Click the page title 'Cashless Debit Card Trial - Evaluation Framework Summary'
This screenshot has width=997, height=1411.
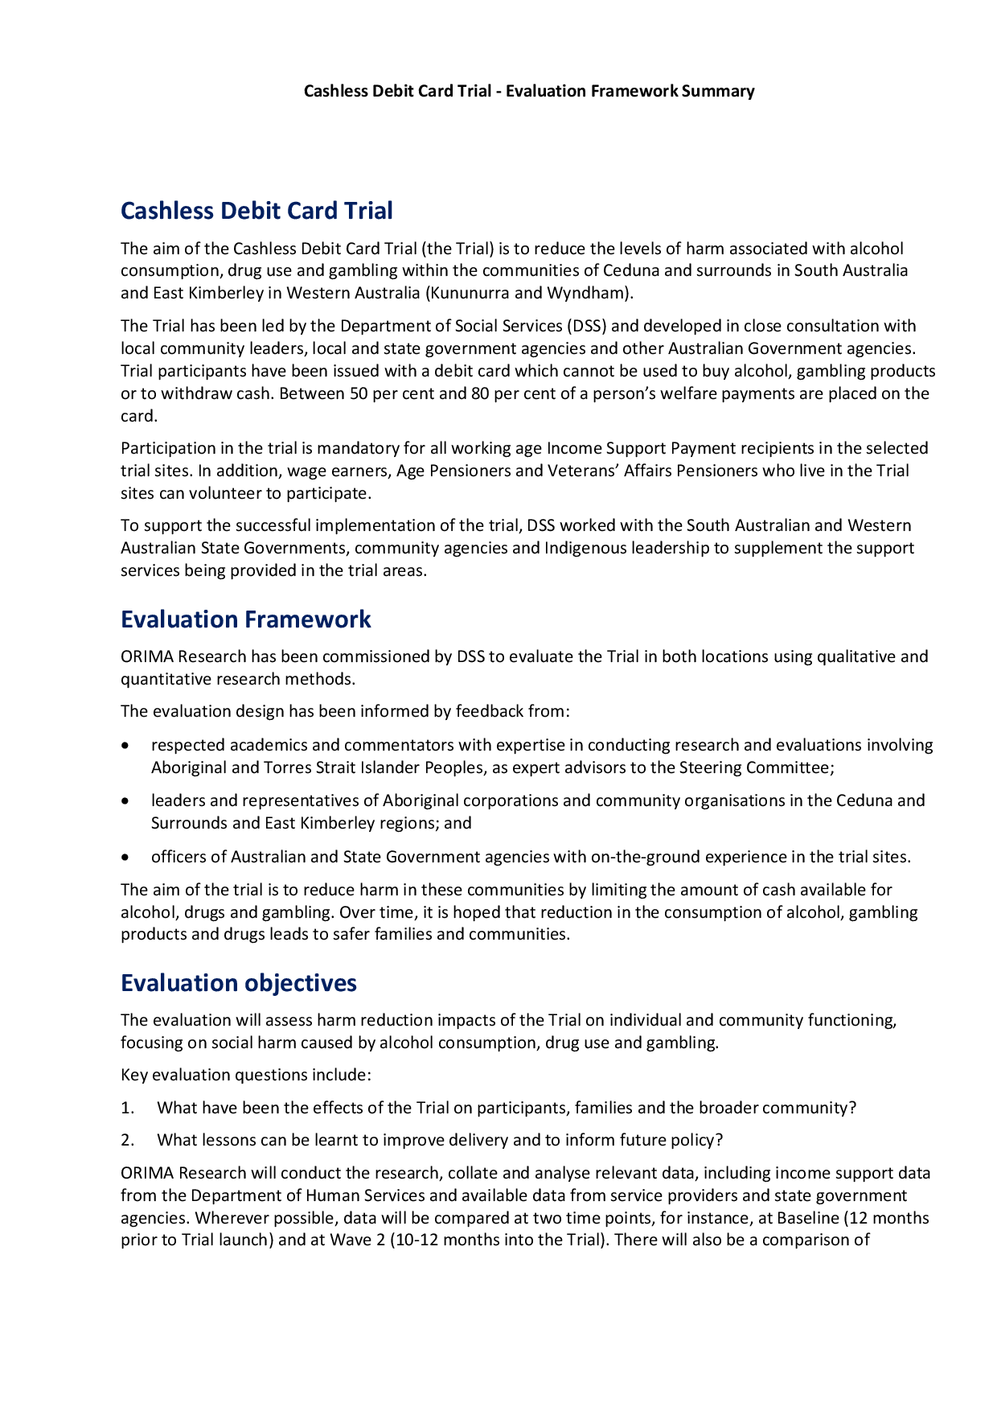(x=528, y=91)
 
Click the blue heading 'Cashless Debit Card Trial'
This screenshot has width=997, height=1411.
(x=256, y=211)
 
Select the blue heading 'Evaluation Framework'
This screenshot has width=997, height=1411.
(x=245, y=619)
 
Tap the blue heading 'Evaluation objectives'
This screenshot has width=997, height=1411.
(x=239, y=983)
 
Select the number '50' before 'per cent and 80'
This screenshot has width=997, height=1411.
(x=359, y=393)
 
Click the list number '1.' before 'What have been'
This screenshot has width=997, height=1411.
(x=127, y=1108)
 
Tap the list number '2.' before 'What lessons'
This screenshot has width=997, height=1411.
(x=127, y=1140)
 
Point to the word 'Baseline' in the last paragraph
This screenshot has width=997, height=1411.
(x=807, y=1218)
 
